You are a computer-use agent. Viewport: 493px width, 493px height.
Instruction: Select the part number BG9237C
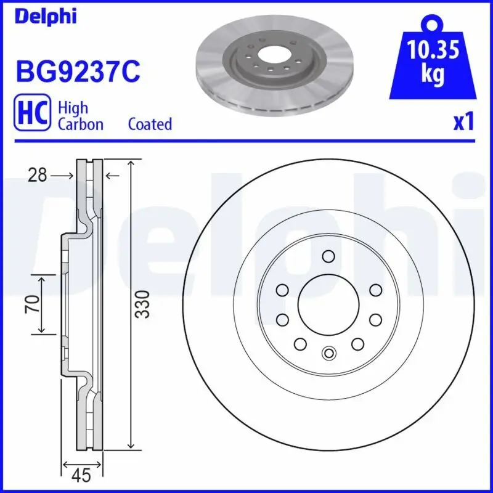click(78, 72)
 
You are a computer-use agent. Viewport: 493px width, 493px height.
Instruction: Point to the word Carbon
click(80, 124)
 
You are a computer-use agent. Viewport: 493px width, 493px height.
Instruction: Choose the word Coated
click(150, 124)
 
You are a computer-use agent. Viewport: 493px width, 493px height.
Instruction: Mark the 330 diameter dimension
click(143, 304)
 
